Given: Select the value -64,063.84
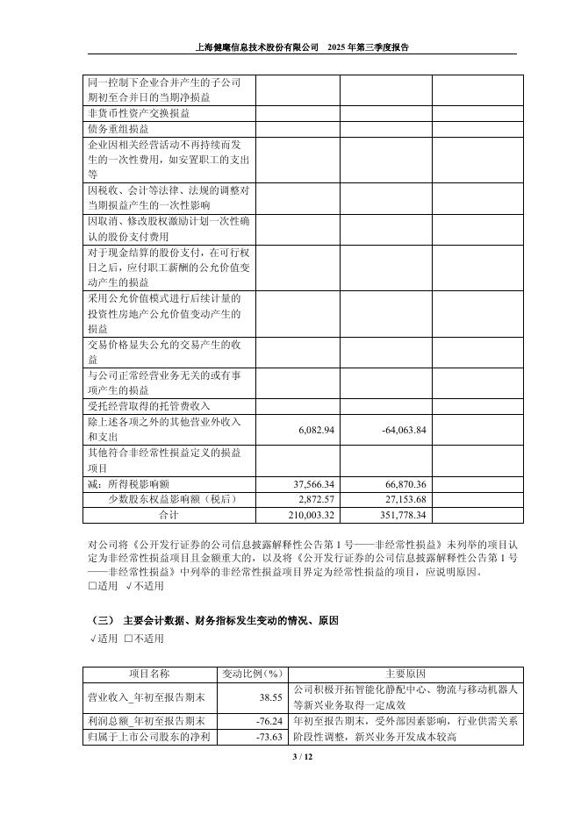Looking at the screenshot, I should pos(405,430).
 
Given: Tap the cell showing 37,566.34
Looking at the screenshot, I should pos(312,484).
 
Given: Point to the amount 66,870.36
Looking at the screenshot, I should pos(405,484).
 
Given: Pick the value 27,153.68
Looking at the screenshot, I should pos(405,499).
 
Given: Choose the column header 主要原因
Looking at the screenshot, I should pos(405,674).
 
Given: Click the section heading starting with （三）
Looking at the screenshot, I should pos(215,620).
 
